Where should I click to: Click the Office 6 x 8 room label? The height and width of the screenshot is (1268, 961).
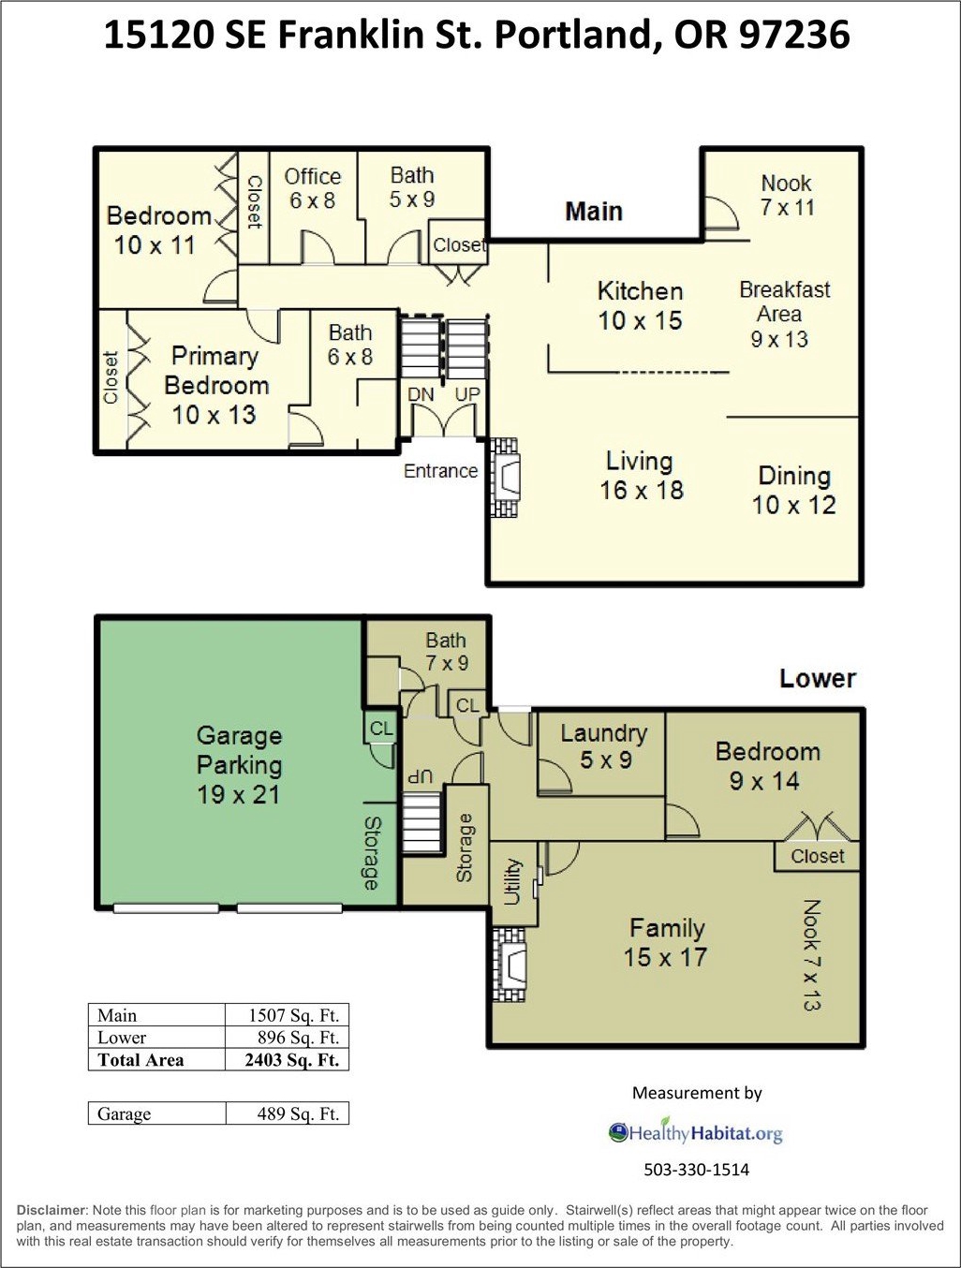tap(313, 188)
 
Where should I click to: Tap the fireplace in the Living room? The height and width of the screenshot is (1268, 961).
tap(505, 478)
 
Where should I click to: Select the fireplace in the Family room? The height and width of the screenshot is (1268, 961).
tap(509, 965)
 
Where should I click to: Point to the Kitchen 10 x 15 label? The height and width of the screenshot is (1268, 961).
tap(640, 305)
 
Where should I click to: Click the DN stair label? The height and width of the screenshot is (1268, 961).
tap(421, 394)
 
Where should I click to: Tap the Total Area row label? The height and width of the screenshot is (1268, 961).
tap(140, 1060)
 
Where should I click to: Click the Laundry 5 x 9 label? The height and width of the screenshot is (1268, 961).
tap(604, 746)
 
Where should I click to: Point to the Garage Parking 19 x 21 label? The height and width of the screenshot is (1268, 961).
tap(239, 765)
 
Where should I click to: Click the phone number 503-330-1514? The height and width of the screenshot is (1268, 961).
tap(697, 1171)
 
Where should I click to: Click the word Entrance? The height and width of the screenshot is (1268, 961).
tap(440, 471)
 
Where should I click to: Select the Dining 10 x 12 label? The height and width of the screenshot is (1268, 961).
tap(794, 491)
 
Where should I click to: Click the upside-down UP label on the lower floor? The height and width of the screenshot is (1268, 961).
tap(421, 776)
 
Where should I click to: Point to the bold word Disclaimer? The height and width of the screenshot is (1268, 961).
tap(52, 1210)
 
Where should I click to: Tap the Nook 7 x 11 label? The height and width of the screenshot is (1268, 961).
tap(787, 195)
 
